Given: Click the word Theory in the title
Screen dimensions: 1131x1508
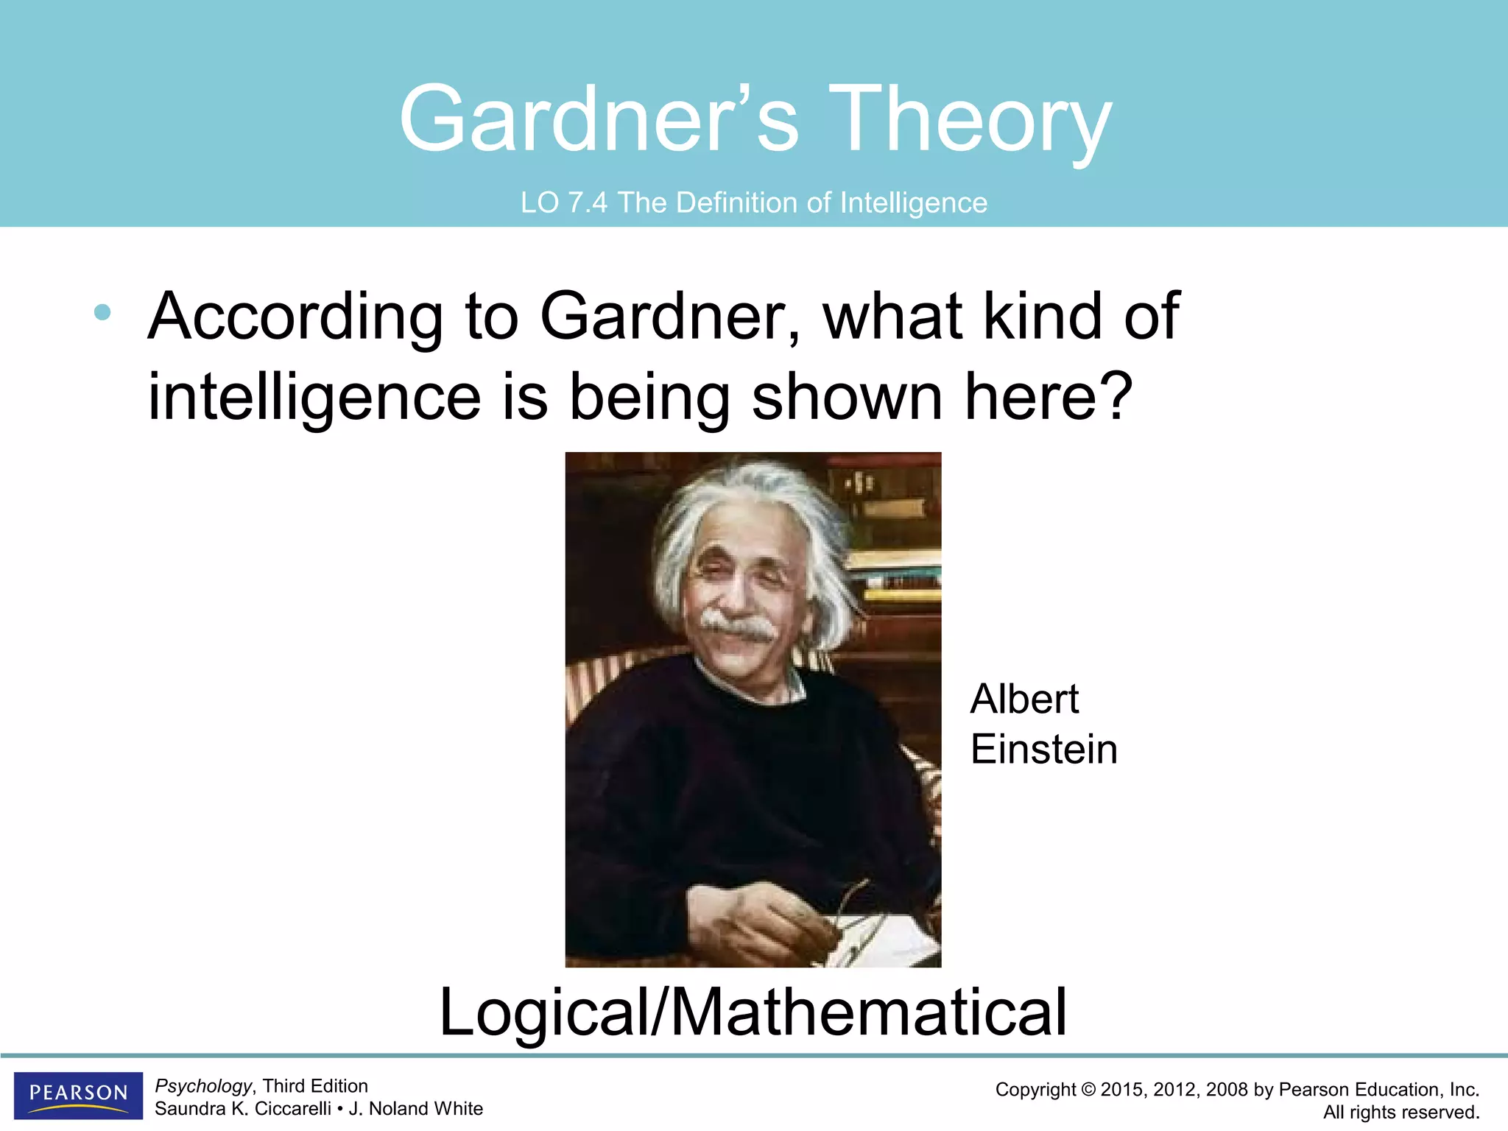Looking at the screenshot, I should pyautogui.click(x=970, y=119).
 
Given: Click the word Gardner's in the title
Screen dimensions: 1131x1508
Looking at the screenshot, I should pyautogui.click(x=598, y=119).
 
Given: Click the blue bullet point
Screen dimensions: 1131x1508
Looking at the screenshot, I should pyautogui.click(x=102, y=312).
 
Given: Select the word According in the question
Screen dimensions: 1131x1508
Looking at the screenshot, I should pyautogui.click(x=295, y=317).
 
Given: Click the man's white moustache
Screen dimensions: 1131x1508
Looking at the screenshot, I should pyautogui.click(x=736, y=624).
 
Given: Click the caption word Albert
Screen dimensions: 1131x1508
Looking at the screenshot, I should pyautogui.click(x=1024, y=699).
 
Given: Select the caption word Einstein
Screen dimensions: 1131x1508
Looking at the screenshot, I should pyautogui.click(x=1043, y=750).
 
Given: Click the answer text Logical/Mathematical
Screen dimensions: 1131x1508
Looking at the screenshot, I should pyautogui.click(x=753, y=1012).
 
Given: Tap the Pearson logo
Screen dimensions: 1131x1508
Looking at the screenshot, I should pyautogui.click(x=78, y=1094).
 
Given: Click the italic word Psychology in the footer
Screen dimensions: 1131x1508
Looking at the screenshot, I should pyautogui.click(x=203, y=1086).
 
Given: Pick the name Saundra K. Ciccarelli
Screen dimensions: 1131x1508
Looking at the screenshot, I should pyautogui.click(x=242, y=1109).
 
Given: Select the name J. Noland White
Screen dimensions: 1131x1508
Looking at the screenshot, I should pyautogui.click(x=416, y=1109).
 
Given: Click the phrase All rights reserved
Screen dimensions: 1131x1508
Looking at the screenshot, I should pyautogui.click(x=1400, y=1112).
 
